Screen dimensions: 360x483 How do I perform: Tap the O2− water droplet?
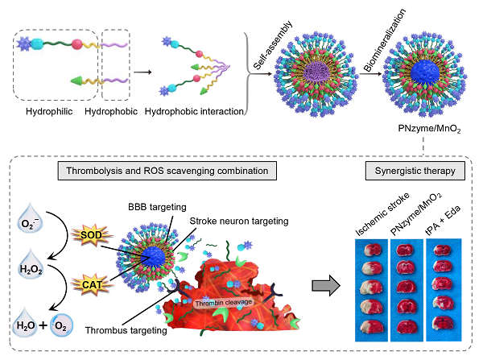click(x=31, y=221)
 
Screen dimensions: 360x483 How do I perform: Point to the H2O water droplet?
click(x=31, y=327)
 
